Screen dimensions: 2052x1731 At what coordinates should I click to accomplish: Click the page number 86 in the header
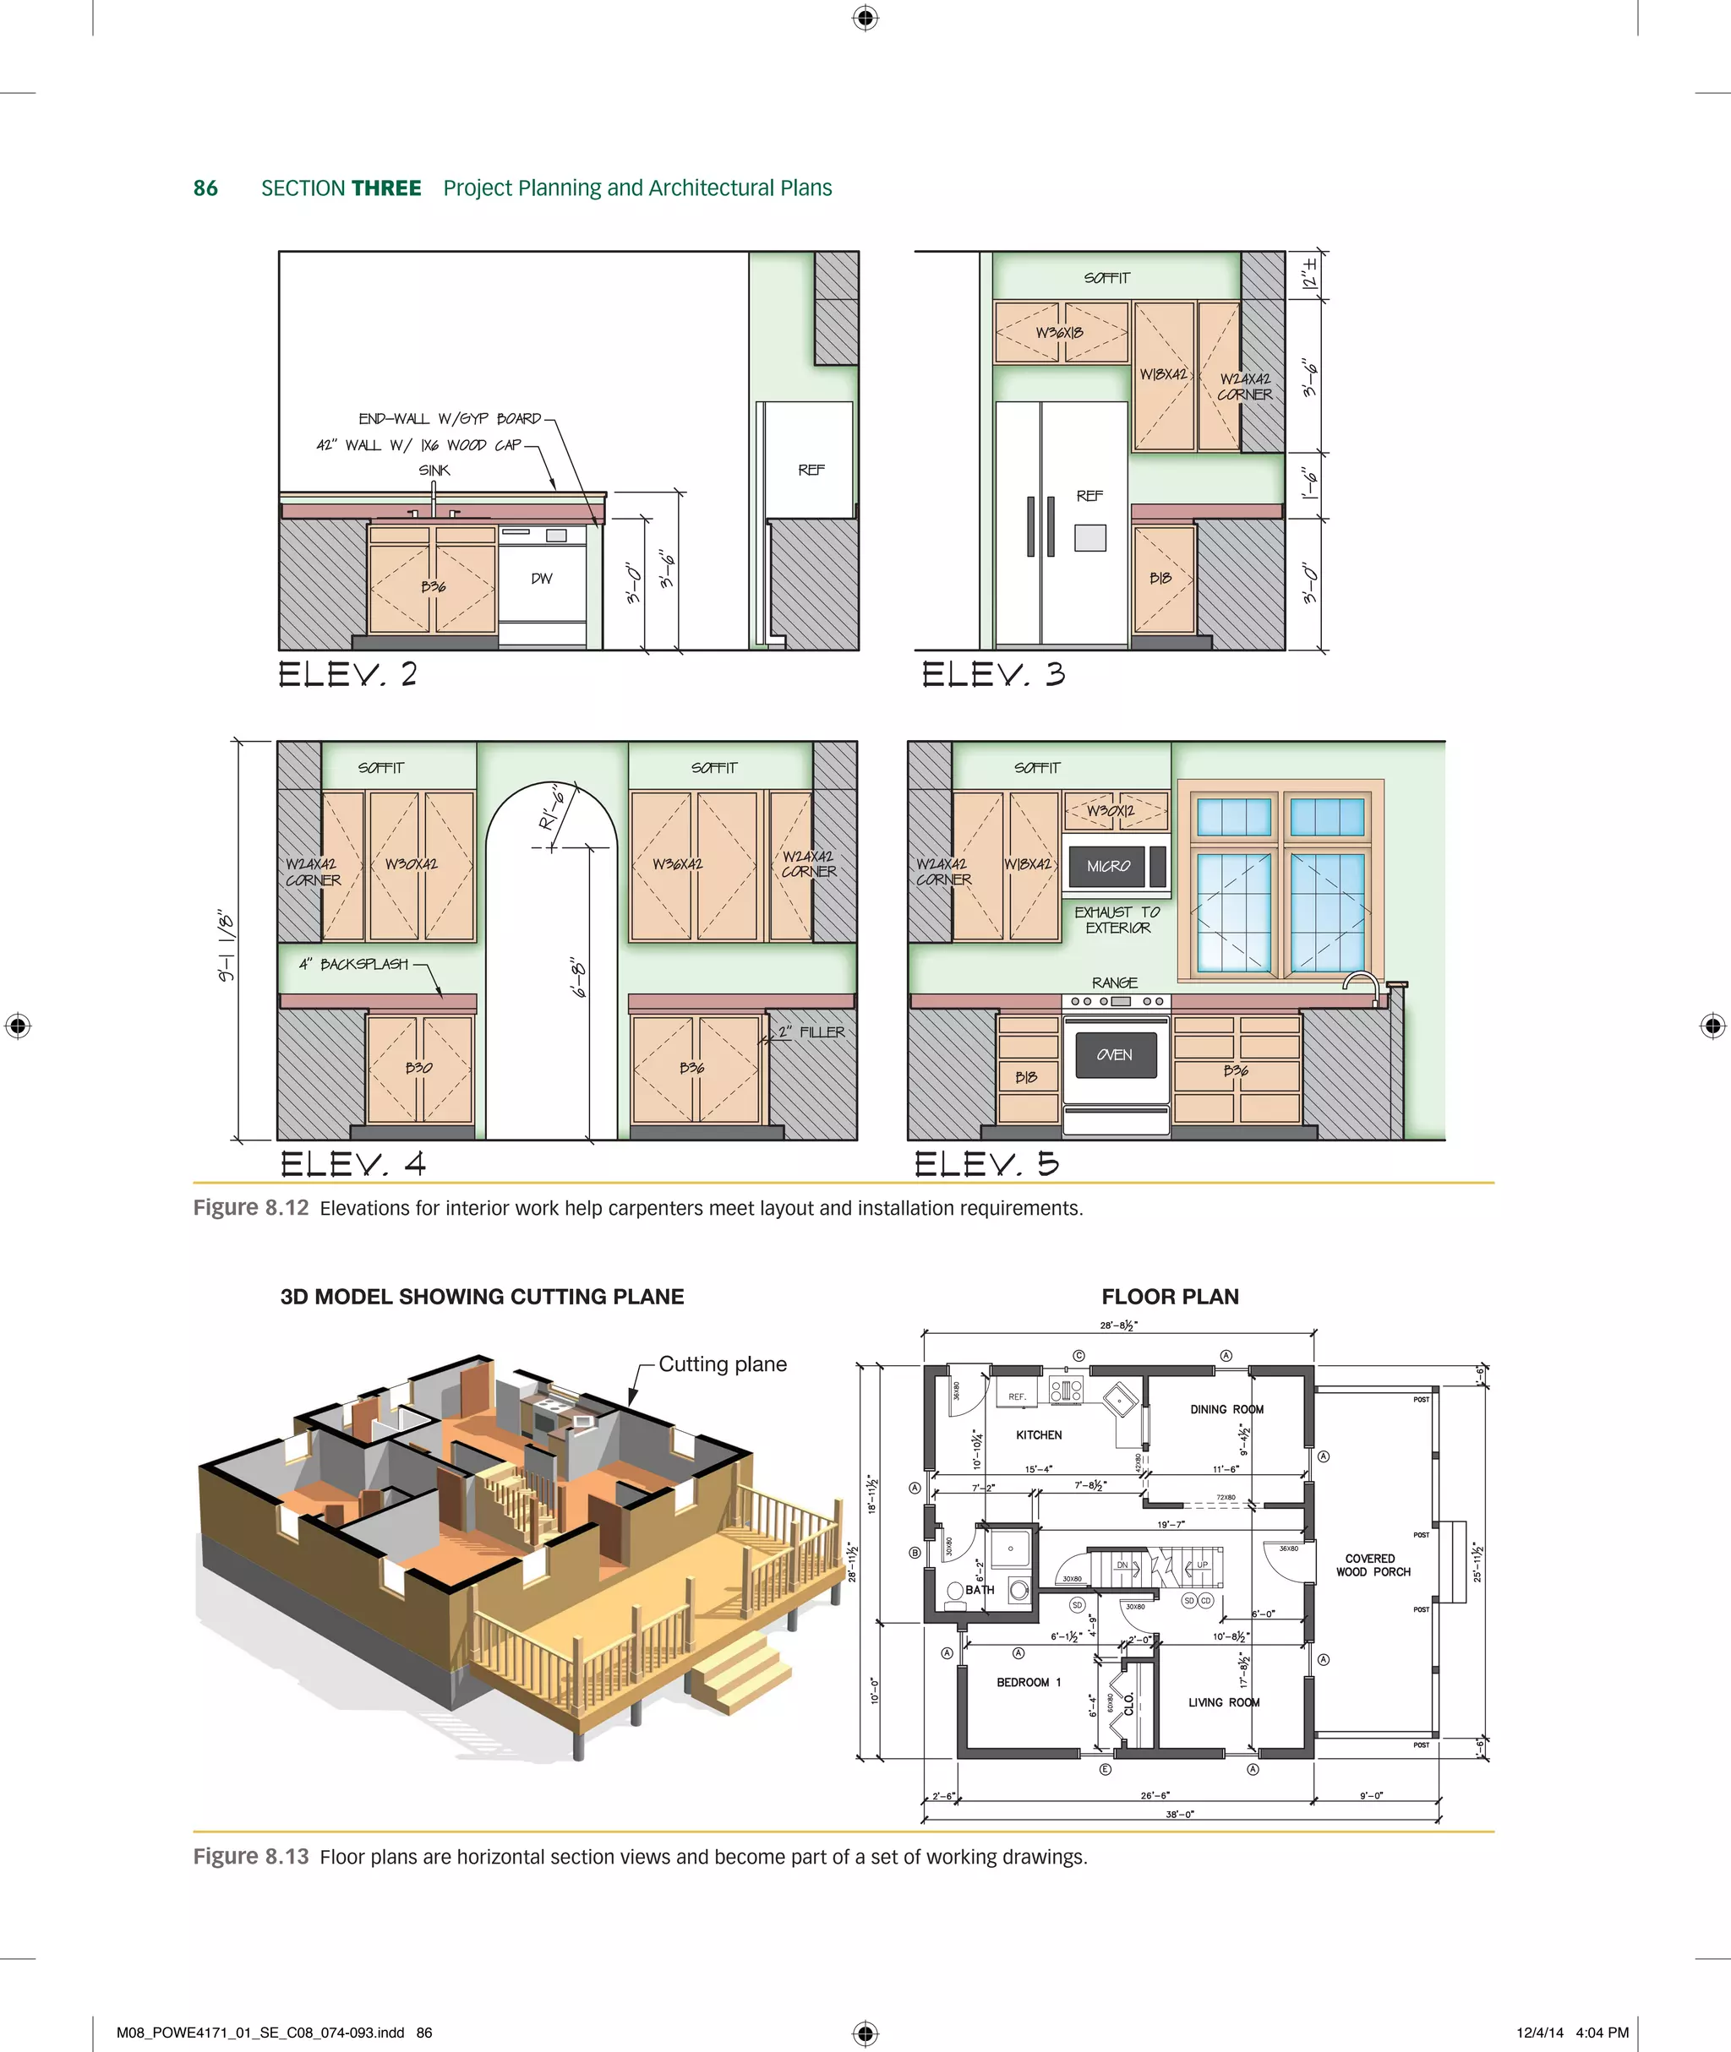point(205,188)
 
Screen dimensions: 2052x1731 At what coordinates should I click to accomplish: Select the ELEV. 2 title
point(347,674)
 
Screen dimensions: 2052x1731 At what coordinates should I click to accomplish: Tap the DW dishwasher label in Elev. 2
point(542,579)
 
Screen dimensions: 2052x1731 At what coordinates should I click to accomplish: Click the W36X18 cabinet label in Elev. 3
point(1060,333)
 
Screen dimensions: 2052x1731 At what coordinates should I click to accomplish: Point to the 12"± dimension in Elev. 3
point(1309,275)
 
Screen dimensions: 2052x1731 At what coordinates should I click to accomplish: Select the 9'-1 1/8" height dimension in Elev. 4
point(227,944)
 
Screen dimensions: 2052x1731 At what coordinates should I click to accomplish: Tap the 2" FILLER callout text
point(811,1031)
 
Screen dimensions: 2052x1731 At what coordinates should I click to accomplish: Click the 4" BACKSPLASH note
point(353,964)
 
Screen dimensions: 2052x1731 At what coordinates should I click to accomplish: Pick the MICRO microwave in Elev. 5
point(1108,866)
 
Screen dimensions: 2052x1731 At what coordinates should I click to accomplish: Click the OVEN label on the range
point(1114,1054)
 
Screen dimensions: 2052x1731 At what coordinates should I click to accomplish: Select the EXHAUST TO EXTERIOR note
point(1117,919)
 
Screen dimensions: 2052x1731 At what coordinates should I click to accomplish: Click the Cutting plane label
point(722,1363)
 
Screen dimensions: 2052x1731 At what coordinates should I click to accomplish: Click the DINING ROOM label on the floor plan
point(1226,1409)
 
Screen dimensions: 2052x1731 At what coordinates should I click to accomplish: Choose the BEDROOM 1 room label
point(1029,1682)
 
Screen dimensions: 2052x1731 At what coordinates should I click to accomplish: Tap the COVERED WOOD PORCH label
point(1372,1565)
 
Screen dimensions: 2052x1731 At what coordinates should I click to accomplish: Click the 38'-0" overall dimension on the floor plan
point(1180,1815)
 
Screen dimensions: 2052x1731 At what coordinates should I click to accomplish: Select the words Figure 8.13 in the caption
point(251,1857)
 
